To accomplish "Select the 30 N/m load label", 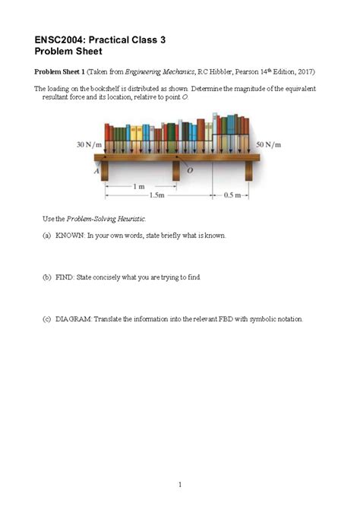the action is pos(90,143).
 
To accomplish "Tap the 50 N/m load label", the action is pos(268,143).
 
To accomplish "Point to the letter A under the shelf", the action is pos(96,171).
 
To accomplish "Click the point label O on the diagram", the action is pos(190,171).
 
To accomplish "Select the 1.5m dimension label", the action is pos(158,194).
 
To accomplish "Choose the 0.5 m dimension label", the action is pos(230,194).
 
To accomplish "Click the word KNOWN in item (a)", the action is pos(70,236).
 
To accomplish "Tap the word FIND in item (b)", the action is pos(65,277).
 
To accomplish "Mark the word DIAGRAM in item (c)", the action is pos(73,319).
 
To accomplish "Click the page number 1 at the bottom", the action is pos(180,463).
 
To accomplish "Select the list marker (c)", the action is pos(46,319).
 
